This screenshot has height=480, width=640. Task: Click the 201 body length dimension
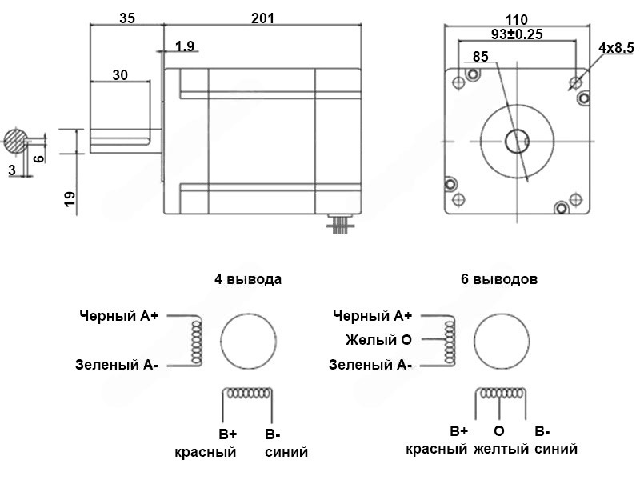[262, 18]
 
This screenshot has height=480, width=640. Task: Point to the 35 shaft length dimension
[127, 18]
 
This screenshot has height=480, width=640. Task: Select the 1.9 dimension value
[185, 46]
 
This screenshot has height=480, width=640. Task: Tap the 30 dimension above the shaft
[120, 74]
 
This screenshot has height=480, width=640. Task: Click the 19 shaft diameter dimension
[70, 198]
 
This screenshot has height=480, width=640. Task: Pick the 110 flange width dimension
[517, 19]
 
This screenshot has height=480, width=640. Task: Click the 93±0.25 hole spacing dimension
[517, 34]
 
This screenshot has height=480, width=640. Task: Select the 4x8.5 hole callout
[616, 47]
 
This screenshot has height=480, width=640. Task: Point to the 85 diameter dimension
[481, 56]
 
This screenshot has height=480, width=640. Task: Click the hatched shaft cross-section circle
[16, 141]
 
